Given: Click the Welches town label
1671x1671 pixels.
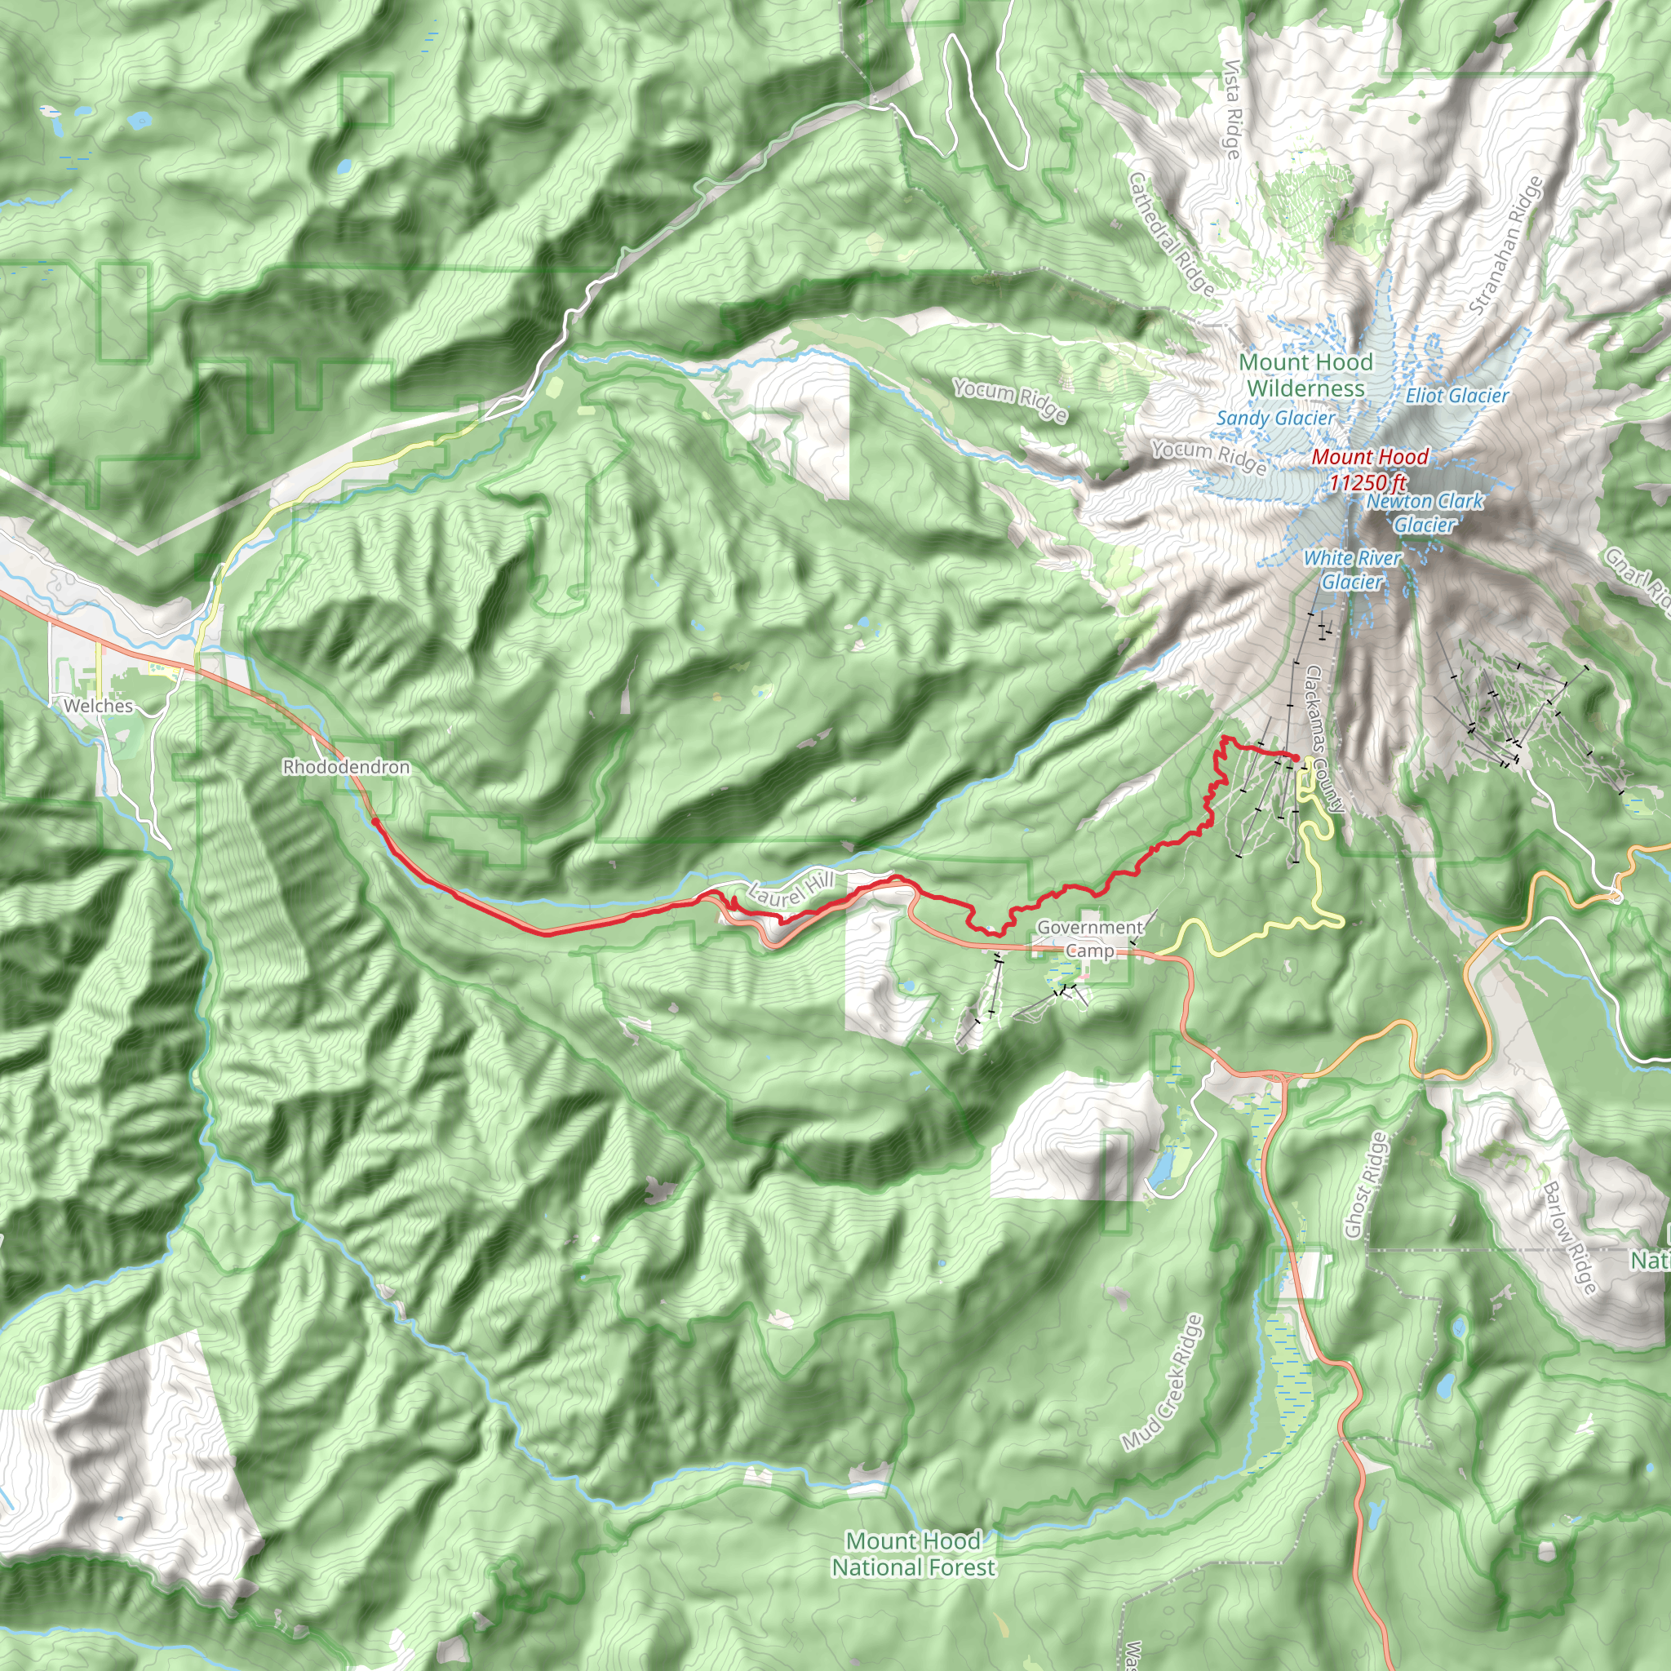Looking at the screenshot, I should pos(99,706).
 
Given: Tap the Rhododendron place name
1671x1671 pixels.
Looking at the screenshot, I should pos(346,767).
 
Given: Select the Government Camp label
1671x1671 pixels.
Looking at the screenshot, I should pos(1090,938).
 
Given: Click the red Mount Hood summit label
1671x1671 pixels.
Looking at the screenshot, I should pos(1370,457).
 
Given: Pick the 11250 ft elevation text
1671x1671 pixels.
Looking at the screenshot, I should pos(1368,481).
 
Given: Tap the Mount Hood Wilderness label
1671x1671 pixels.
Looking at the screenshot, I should pos(1306,375).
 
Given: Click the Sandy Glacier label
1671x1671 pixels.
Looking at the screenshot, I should pos(1276,418).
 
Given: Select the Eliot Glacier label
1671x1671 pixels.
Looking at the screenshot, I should pos(1456,396).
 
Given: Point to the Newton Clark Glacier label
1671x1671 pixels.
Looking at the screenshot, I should pos(1425,513).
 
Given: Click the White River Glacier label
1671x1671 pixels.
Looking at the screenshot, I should pos(1353,570).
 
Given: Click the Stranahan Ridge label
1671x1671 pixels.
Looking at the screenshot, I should pos(1506,245).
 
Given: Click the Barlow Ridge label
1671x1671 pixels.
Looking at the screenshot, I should pos(1569,1238).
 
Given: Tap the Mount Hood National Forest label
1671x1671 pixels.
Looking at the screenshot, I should pos(913,1554).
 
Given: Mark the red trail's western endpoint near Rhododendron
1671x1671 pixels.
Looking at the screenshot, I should pos(375,821).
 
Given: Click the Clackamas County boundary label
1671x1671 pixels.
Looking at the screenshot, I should pos(1324,738).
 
